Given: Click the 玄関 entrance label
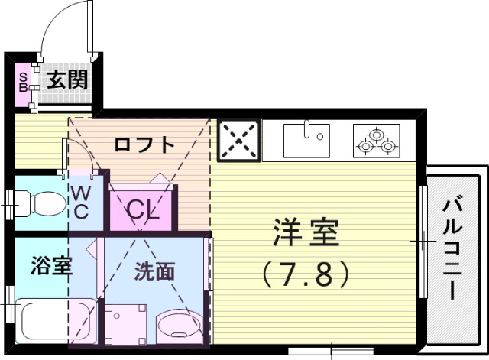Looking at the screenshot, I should pyautogui.click(x=67, y=79).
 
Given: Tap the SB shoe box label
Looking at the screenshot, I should pyautogui.click(x=23, y=79).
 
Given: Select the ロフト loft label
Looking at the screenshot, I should pyautogui.click(x=144, y=144).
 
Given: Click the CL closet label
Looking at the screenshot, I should pyautogui.click(x=142, y=208).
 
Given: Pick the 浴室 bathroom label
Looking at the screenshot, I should pyautogui.click(x=51, y=266).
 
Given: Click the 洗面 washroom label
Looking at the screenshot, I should pyautogui.click(x=155, y=271).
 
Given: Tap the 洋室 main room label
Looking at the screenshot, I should pyautogui.click(x=305, y=233).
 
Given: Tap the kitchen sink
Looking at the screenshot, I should pyautogui.click(x=306, y=140).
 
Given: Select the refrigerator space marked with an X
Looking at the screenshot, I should pyautogui.click(x=239, y=141).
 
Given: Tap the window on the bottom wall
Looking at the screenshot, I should pyautogui.click(x=330, y=352).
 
